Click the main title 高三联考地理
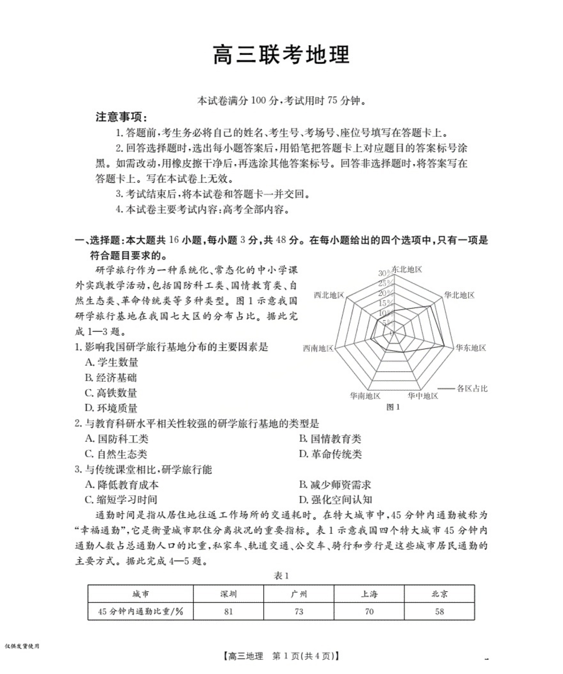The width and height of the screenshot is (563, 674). point(281,55)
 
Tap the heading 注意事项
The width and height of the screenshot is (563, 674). point(121,117)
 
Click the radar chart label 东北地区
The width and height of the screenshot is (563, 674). point(407,270)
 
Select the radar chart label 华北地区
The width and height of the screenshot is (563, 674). point(459,295)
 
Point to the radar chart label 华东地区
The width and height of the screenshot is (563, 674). point(471,347)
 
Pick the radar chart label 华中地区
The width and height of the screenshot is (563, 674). point(423,396)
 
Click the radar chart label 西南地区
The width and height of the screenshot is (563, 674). point(318,348)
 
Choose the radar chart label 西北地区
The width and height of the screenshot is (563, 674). point(329,295)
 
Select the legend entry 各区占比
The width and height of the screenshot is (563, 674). point(472,389)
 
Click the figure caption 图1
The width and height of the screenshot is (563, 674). point(393,407)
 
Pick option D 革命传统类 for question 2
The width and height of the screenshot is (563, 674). point(330,454)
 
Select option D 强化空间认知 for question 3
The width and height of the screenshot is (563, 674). point(335,500)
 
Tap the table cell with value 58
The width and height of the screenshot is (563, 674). point(439,612)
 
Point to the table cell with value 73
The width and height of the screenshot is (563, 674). point(299,612)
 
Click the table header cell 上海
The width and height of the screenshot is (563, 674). point(369,594)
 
